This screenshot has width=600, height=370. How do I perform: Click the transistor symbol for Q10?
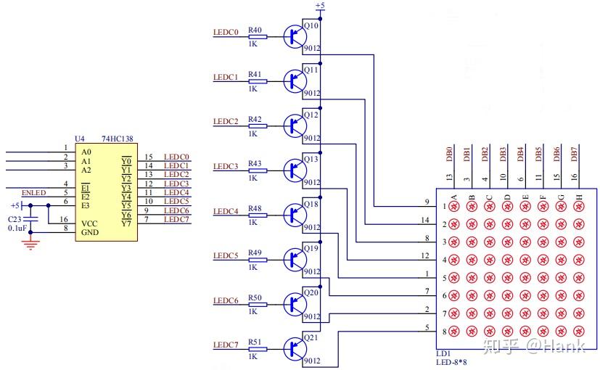pos(295,37)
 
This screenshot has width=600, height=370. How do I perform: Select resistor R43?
pos(258,170)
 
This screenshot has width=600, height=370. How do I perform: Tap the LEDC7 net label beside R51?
pos(226,345)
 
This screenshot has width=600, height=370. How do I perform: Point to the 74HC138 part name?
pos(118,139)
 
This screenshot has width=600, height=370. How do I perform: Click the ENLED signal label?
pos(33,192)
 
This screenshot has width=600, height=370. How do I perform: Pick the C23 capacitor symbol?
pos(30,219)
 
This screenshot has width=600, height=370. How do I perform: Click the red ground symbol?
pos(30,244)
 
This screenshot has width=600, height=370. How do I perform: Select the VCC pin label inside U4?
pos(89,223)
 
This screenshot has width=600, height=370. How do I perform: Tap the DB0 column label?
pos(449,154)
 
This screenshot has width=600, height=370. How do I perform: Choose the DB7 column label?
pos(574,154)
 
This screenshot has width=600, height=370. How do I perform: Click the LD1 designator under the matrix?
pos(443,353)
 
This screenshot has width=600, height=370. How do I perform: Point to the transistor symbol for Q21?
pos(295,349)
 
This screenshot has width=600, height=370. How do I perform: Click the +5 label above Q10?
pos(320,5)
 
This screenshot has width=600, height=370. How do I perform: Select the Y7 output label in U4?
pos(126,223)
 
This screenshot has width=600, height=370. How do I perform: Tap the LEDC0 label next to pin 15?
pos(176,157)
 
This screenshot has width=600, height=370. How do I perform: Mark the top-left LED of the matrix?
pos(454,207)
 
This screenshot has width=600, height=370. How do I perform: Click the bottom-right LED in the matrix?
pos(579,331)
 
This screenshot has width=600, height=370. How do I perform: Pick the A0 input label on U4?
pos(86,152)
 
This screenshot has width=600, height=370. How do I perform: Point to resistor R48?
pos(258,215)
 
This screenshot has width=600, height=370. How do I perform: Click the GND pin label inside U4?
pos(90,232)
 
